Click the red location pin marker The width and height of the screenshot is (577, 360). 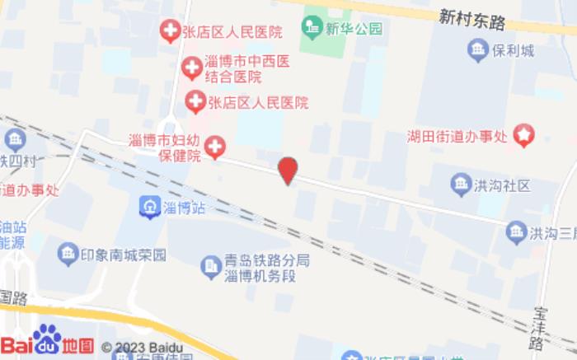point(287,171)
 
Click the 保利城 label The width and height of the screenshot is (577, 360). point(514,50)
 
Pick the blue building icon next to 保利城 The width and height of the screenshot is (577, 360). point(478,50)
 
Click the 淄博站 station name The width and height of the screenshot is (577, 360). point(184,207)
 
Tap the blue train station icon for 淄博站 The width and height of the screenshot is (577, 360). point(149,206)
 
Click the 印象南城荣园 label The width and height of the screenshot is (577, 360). point(124,255)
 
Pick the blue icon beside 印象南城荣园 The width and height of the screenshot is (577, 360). point(68,255)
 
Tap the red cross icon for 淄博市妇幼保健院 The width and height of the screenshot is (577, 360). point(214,147)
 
